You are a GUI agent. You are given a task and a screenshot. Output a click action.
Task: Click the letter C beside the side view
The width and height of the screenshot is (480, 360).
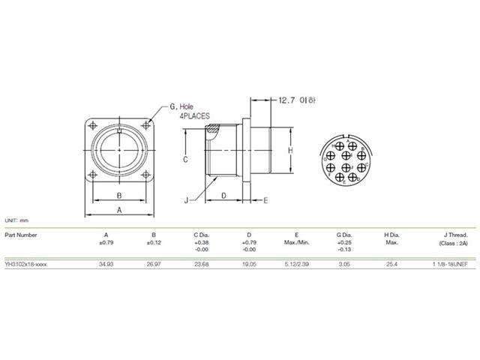point(185,160)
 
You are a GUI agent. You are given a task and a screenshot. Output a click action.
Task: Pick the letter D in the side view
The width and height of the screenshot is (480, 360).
point(224,195)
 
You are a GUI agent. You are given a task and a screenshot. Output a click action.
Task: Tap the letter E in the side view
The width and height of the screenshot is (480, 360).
point(265,199)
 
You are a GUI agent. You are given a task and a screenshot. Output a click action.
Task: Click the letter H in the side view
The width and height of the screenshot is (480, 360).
point(289,150)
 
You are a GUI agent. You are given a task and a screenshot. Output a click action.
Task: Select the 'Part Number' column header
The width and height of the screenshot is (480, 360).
point(20,235)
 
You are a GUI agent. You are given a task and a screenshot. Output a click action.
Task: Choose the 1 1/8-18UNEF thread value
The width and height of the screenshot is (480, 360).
point(448,265)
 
